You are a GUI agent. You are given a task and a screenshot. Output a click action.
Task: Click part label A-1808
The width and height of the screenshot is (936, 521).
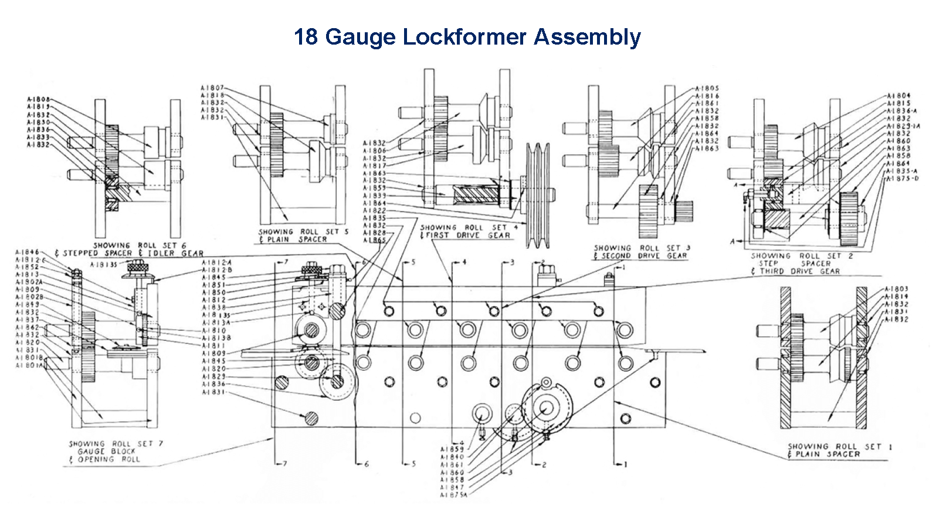pos(39,100)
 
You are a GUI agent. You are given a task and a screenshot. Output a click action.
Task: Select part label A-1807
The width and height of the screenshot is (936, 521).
pos(212,88)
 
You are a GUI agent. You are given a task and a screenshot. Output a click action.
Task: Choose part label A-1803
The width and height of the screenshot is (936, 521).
pos(896,289)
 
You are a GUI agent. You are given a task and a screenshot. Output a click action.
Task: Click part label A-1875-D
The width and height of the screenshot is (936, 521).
pos(903,178)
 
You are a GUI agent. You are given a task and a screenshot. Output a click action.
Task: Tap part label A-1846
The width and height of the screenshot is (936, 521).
pos(27,252)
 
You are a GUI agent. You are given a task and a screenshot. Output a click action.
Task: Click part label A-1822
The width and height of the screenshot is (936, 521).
pos(374,210)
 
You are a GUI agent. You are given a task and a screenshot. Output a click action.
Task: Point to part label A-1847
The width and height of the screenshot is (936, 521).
pos(452,488)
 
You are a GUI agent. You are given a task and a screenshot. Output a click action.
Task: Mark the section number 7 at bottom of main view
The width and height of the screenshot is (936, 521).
pos(284,464)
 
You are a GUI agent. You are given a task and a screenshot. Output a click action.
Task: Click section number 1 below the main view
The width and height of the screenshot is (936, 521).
pos(625,464)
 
